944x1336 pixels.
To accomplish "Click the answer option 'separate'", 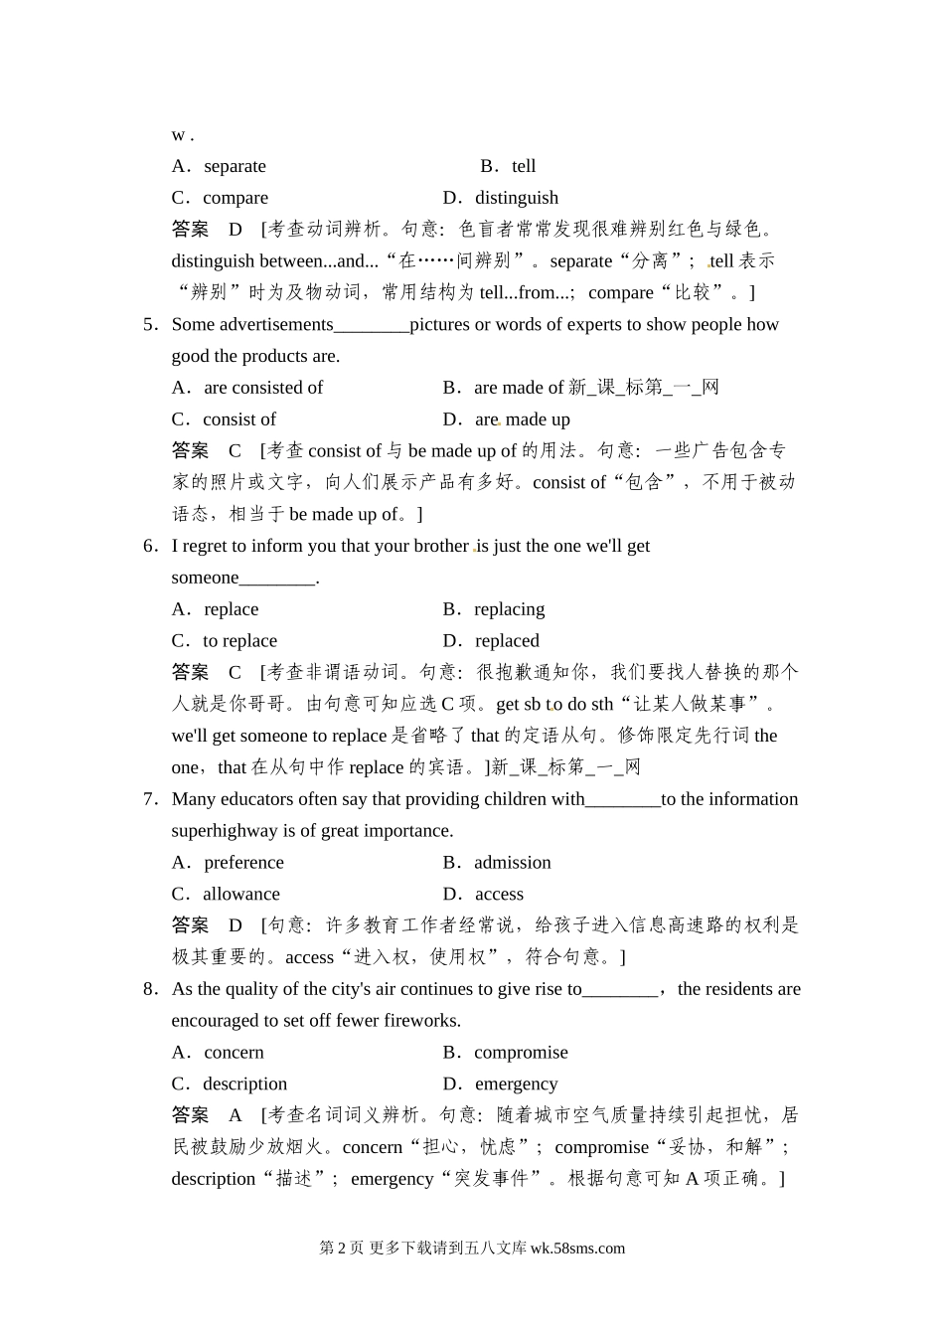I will click(235, 166).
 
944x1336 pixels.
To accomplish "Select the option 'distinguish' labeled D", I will click(516, 198).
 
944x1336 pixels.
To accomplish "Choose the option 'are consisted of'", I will click(263, 388).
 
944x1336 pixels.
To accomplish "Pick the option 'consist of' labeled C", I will click(239, 419).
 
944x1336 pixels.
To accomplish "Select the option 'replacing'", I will click(509, 609).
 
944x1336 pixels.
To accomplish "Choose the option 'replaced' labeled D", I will click(507, 641).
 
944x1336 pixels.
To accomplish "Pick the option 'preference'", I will click(243, 863).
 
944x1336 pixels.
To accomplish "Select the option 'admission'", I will click(512, 863).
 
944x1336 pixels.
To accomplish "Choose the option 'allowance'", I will click(241, 895).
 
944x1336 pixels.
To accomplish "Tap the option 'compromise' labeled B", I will click(521, 1053).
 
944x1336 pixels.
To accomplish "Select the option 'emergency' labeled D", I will click(516, 1085).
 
